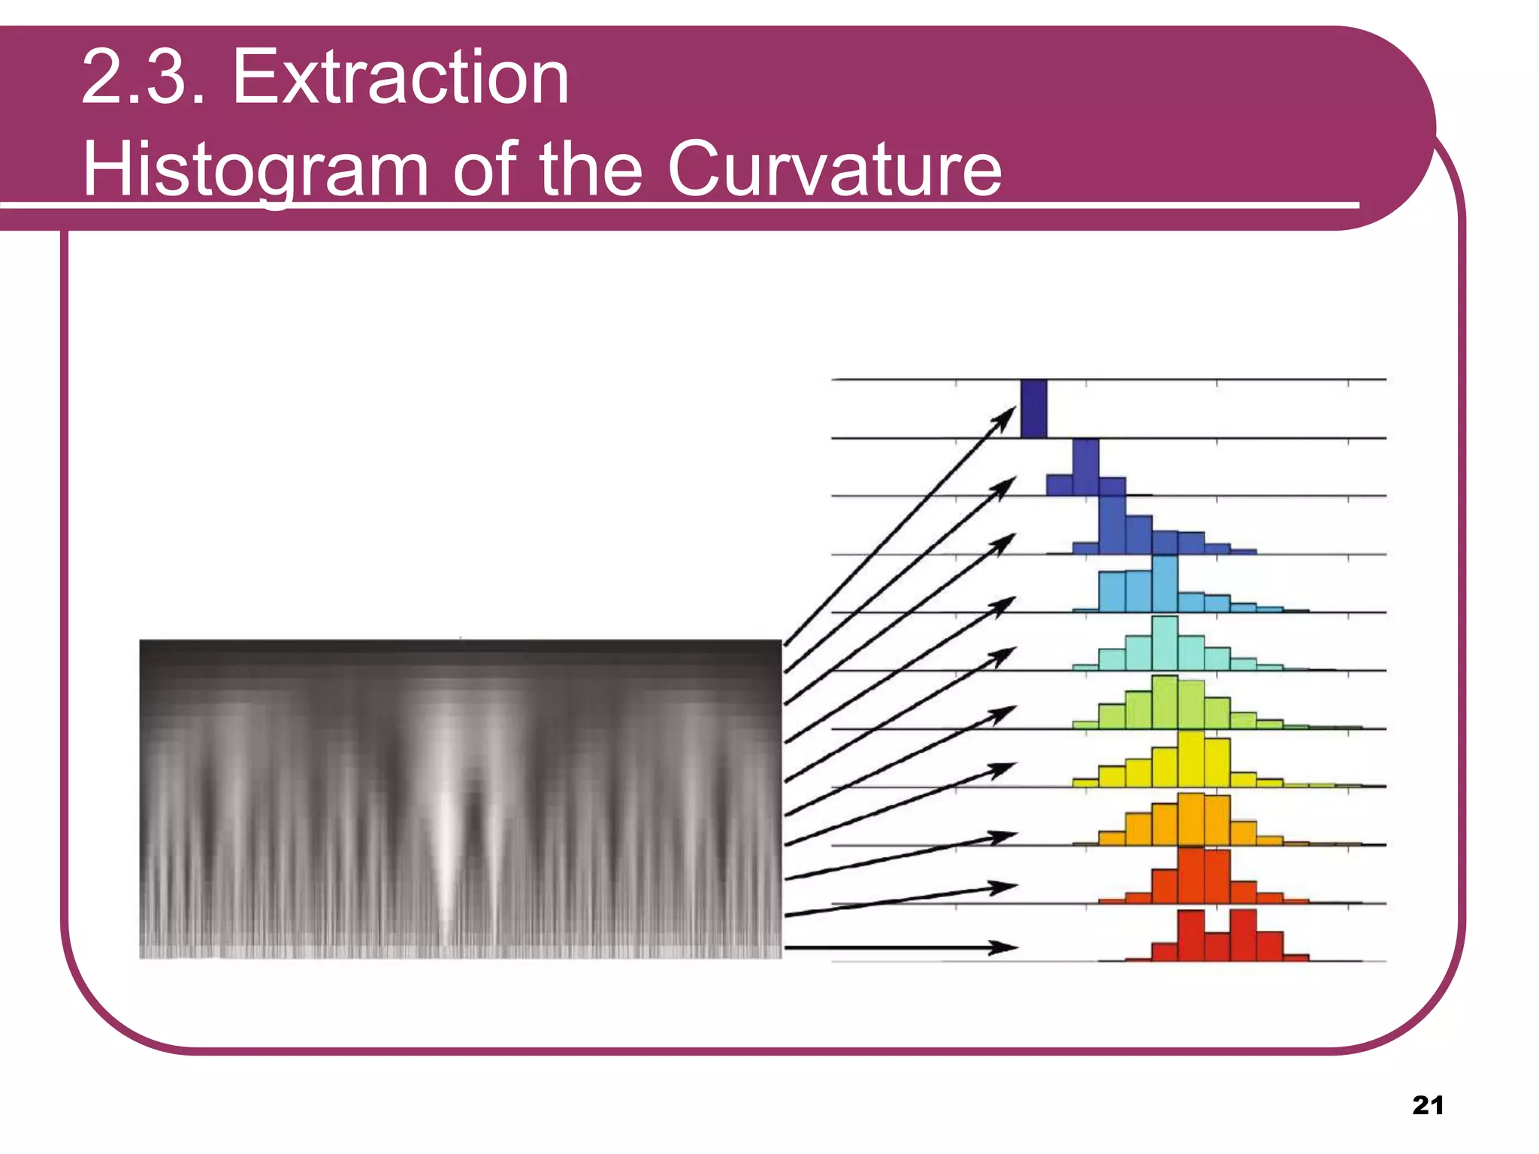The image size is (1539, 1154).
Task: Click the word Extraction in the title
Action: (x=401, y=77)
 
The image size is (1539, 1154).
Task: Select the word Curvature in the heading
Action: (x=834, y=169)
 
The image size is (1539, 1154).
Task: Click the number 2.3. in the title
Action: (x=143, y=77)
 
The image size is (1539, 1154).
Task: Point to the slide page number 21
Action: (x=1428, y=1105)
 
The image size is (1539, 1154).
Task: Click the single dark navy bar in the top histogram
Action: (x=1034, y=408)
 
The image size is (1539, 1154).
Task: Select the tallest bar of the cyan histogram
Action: (x=1165, y=643)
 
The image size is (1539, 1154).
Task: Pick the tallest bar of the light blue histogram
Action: (x=1165, y=584)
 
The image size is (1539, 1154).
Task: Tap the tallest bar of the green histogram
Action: (x=1165, y=702)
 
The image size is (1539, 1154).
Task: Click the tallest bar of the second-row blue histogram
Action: (x=1086, y=467)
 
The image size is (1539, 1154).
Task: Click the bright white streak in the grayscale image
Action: (x=446, y=841)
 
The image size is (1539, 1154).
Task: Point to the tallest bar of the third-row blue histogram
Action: (x=1112, y=524)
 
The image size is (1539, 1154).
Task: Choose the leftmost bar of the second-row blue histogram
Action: (x=1060, y=485)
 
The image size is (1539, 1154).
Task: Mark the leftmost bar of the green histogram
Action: (x=1085, y=725)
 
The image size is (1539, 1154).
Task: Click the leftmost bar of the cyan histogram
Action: (x=1085, y=666)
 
